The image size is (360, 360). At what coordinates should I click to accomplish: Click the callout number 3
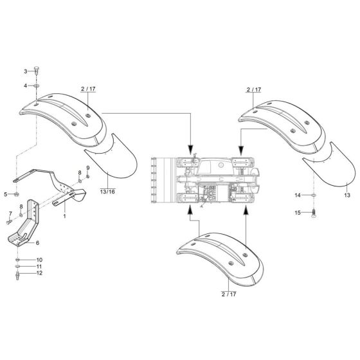26,71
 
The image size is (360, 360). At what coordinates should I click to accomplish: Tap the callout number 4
26,85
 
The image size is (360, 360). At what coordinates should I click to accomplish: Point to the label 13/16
107,192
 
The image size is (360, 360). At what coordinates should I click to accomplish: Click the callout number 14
298,194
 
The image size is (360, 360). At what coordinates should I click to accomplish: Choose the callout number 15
298,212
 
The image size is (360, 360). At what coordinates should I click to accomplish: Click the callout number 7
10,213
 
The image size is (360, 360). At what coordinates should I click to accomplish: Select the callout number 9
87,168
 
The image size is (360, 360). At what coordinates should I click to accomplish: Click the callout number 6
37,242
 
